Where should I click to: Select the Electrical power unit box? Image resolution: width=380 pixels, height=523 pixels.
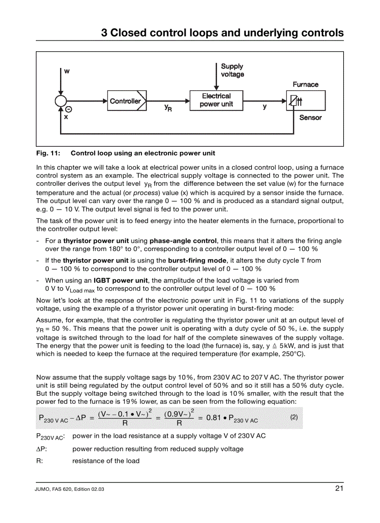click(x=216, y=100)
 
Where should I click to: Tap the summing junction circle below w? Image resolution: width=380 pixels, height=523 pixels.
click(x=61, y=101)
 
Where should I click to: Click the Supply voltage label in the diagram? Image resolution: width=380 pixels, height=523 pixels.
click(x=232, y=70)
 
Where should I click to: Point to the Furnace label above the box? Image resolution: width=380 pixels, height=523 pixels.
click(x=305, y=84)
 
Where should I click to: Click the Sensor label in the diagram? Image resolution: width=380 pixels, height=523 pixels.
click(x=310, y=117)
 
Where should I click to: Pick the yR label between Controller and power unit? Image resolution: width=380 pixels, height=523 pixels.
click(x=168, y=108)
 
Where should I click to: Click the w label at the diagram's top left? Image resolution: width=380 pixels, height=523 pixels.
click(x=67, y=71)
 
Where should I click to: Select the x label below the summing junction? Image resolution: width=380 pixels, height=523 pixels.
click(x=66, y=117)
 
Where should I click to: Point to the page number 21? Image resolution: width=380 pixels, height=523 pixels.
click(x=339, y=489)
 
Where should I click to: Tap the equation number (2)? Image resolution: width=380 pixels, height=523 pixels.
click(x=294, y=417)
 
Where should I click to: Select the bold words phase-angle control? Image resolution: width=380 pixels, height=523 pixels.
click(x=183, y=241)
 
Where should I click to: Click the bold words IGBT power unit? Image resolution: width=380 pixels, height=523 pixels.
click(x=121, y=280)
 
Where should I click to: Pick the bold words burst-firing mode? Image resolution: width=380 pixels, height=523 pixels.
click(x=197, y=261)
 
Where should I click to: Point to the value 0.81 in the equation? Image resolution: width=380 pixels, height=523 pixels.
click(x=213, y=418)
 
